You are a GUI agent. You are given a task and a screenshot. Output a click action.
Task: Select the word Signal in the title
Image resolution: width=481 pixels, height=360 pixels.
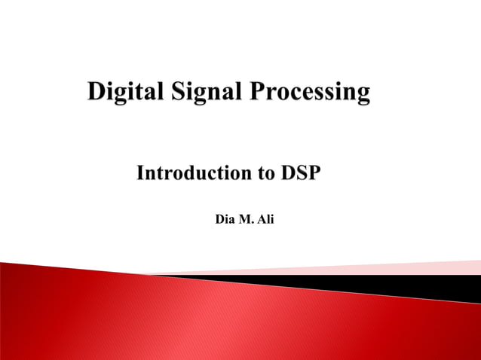pyautogui.click(x=198, y=93)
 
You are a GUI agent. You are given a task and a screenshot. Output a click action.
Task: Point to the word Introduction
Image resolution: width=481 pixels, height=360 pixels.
pyautogui.click(x=193, y=173)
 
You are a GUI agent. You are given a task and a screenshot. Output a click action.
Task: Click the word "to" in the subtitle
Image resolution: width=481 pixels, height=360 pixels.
pyautogui.click(x=265, y=174)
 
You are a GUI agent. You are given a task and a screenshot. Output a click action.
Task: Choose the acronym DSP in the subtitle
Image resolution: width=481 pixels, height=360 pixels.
pyautogui.click(x=301, y=173)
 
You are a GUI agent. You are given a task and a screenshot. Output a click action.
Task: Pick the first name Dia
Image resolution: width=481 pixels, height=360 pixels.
pyautogui.click(x=225, y=220)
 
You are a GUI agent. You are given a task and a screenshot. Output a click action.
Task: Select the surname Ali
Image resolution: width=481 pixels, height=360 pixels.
pyautogui.click(x=265, y=220)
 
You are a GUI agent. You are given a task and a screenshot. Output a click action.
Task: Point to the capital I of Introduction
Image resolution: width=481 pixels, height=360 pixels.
pyautogui.click(x=140, y=173)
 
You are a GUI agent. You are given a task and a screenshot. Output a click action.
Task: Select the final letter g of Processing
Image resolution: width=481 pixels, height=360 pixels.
pyautogui.click(x=363, y=96)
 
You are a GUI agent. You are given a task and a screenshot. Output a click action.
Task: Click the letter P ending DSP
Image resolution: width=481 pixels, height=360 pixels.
pyautogui.click(x=314, y=173)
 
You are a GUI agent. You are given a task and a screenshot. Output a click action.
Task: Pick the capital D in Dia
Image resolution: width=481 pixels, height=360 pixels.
pyautogui.click(x=219, y=220)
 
